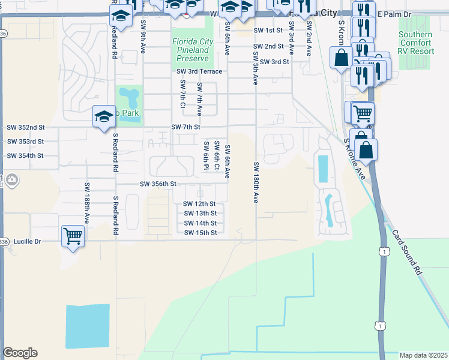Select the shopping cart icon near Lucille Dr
tap(73, 236)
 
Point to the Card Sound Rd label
tap(408, 251)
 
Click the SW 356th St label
tap(158, 184)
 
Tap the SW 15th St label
tap(200, 233)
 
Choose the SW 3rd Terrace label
tap(199, 71)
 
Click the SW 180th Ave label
tap(256, 182)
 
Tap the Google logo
tap(20, 353)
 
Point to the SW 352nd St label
tap(26, 127)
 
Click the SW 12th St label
tap(199, 204)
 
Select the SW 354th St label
tap(25, 156)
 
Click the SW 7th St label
tap(185, 127)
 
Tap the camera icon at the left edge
tap(11, 179)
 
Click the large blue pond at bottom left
tap(88, 326)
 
